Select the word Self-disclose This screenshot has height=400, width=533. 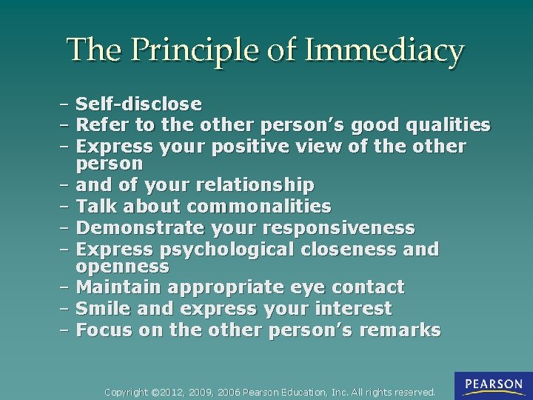pos(138,104)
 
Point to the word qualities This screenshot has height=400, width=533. pos(449,124)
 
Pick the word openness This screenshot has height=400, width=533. pos(122,265)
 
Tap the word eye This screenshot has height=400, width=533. pos(301,287)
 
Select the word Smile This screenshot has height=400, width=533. pos(101,308)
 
